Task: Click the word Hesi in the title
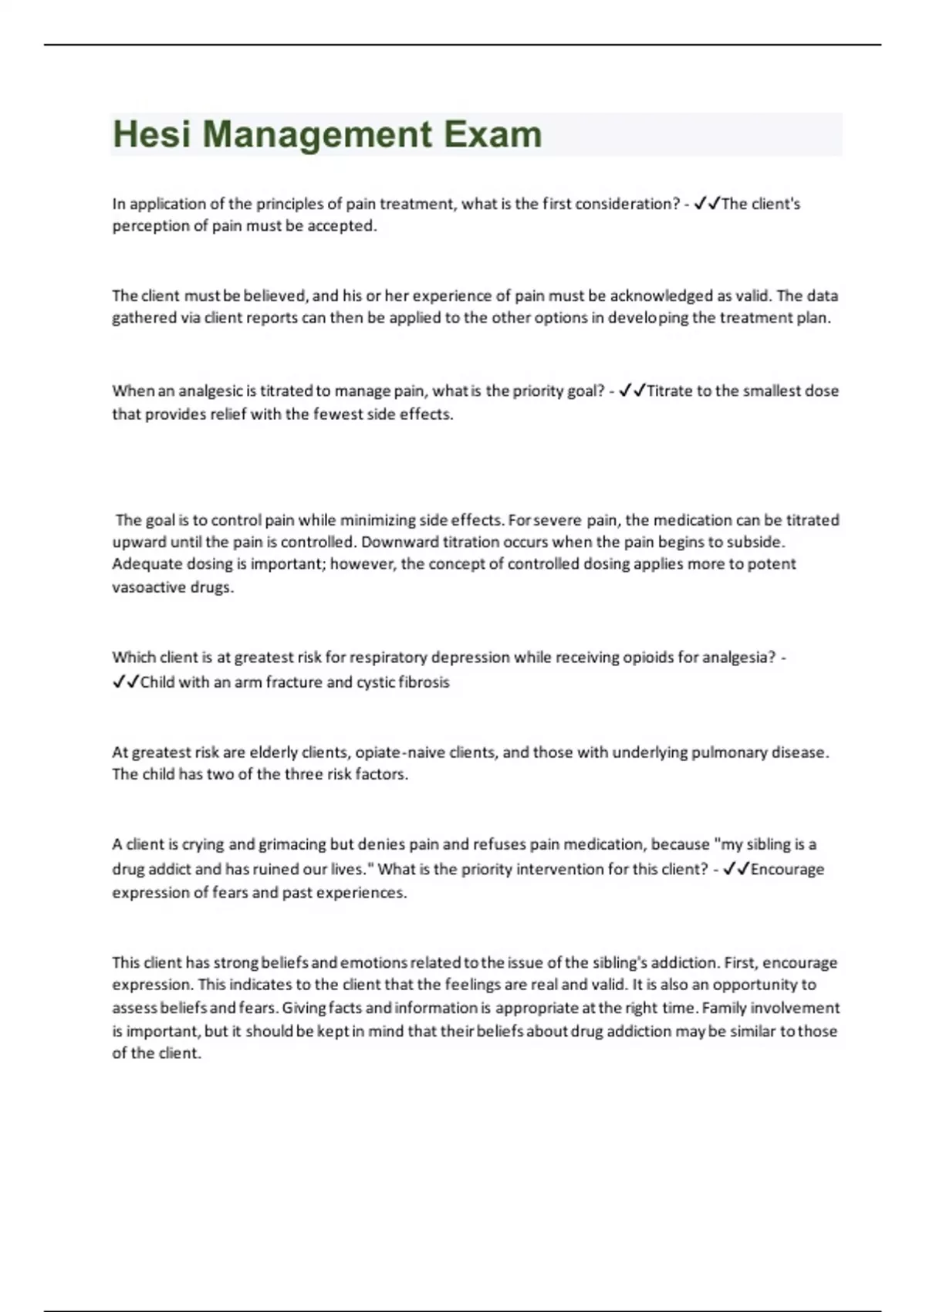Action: coord(151,134)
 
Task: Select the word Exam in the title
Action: coord(493,134)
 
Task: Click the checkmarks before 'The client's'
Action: coord(707,204)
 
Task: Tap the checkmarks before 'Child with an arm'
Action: coord(126,682)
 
